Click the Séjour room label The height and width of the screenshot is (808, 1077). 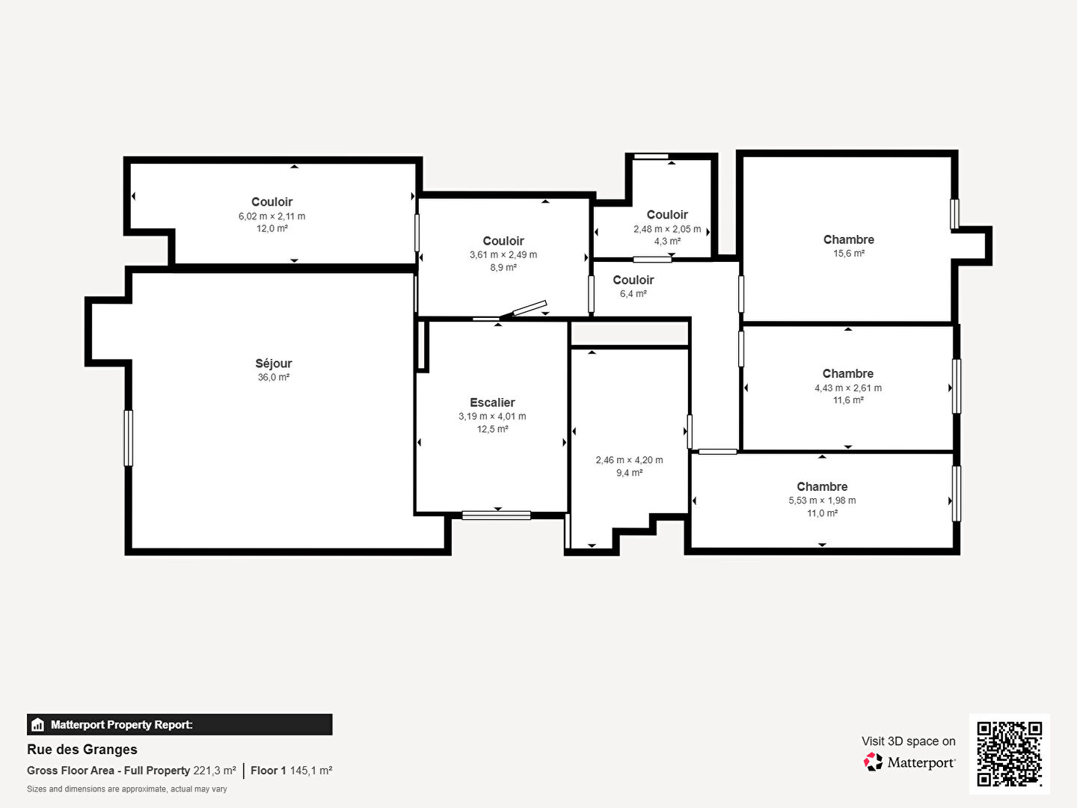point(273,364)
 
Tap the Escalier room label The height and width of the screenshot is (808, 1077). point(492,403)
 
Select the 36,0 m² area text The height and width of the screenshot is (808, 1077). point(273,377)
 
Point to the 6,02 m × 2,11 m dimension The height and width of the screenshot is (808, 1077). point(271,216)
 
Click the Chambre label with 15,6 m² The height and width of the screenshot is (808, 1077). point(848,240)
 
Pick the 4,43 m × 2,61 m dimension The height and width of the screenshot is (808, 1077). point(848,388)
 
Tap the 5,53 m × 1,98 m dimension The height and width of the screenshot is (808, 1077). point(822,501)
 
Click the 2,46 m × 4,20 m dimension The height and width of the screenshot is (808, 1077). point(629,460)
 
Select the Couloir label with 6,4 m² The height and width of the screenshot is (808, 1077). point(633,280)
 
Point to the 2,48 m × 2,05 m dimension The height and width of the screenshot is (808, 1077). point(667,229)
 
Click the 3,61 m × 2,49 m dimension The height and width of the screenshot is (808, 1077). point(503,254)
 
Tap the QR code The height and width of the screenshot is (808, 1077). point(1009,753)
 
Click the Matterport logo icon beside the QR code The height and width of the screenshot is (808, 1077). point(873,762)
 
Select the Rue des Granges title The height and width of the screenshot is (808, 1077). point(82,750)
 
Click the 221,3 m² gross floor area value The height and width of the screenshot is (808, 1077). point(215,771)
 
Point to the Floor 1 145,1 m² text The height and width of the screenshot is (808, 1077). point(292,771)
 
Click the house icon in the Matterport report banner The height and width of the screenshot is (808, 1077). point(38,725)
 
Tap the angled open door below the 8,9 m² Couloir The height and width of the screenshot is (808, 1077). point(529,308)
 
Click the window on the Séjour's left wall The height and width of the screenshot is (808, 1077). point(128,438)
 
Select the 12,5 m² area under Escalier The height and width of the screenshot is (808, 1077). point(492,429)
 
